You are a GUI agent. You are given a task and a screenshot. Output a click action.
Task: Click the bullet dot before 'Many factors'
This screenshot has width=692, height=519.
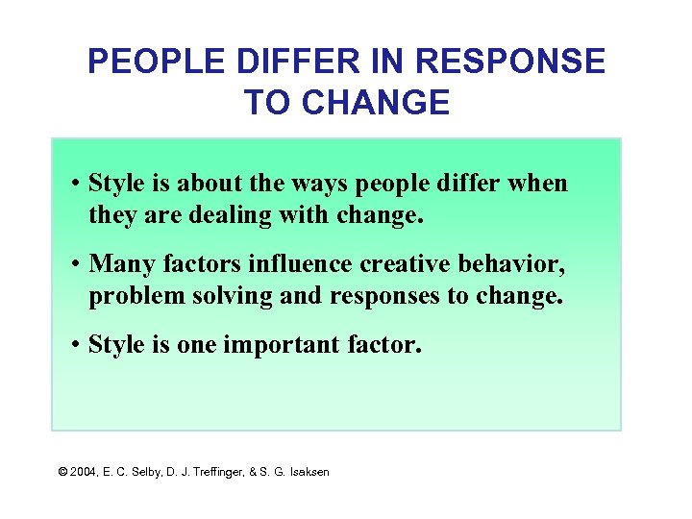[77, 264]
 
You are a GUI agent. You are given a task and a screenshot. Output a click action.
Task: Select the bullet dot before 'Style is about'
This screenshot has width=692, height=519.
[77, 184]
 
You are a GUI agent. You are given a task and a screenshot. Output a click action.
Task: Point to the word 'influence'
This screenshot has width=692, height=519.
[293, 263]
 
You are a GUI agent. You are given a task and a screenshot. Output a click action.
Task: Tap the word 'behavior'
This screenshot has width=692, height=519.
[514, 263]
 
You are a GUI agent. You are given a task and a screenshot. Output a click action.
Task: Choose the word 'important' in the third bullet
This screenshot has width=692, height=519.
[281, 344]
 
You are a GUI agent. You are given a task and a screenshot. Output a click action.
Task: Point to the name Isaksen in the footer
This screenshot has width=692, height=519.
[306, 472]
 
